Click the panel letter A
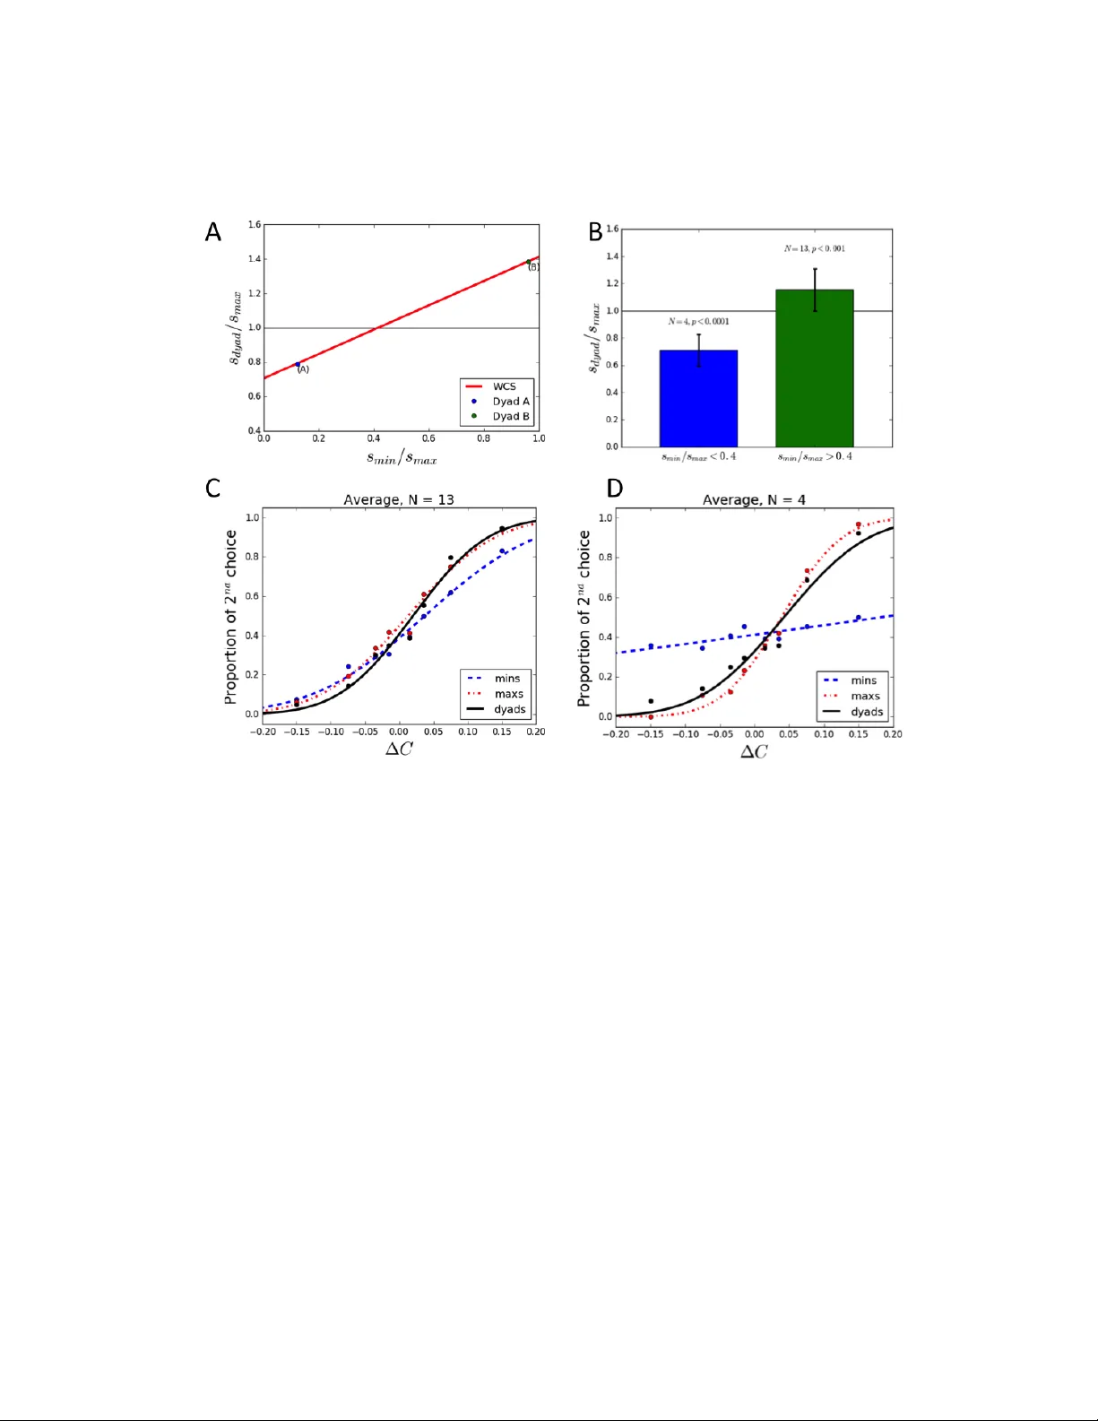[212, 232]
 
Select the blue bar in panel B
[698, 399]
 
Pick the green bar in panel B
[814, 368]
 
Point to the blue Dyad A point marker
[298, 365]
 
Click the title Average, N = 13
[399, 499]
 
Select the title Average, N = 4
[754, 499]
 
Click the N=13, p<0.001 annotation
[814, 248]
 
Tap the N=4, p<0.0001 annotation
[698, 321]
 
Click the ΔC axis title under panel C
[399, 749]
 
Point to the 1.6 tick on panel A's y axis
[255, 225]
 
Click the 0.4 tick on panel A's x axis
[374, 438]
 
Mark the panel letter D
[614, 488]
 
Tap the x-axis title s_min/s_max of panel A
[401, 458]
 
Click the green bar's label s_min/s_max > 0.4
[814, 456]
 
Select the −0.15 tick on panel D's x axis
[650, 734]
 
